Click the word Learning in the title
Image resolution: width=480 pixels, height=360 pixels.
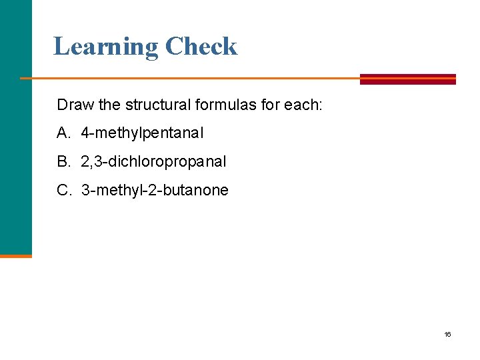[x=106, y=47]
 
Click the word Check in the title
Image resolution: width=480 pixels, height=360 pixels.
[x=201, y=47]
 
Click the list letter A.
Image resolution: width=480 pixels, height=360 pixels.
[x=63, y=133]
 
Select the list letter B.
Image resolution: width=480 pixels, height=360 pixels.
[x=63, y=161]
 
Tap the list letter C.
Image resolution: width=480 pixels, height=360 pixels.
[x=63, y=190]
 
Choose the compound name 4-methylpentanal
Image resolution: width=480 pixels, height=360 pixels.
[x=143, y=133]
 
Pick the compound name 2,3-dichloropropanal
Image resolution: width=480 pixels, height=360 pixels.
[x=153, y=161]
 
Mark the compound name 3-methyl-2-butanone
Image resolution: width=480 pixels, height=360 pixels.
[x=155, y=190]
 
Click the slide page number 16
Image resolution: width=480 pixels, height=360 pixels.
[x=447, y=334]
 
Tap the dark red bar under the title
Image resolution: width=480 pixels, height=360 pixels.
[x=407, y=79]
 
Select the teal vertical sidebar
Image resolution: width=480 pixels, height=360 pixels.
[x=15, y=127]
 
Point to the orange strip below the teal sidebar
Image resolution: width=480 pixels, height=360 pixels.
[x=15, y=255]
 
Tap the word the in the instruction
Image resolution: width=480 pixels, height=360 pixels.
[x=105, y=105]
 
